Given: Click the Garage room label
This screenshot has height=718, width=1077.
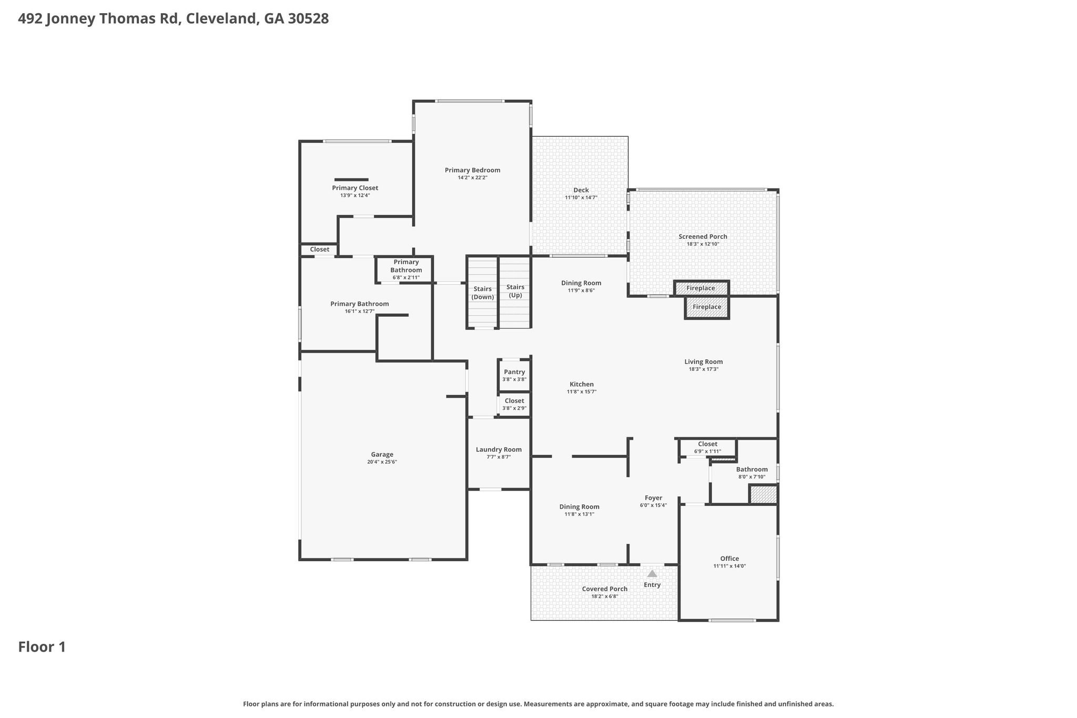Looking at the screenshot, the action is (382, 454).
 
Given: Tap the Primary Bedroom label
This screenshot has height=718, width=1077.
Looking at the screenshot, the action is (472, 170).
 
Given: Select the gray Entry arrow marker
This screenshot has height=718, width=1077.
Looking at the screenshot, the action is (652, 573).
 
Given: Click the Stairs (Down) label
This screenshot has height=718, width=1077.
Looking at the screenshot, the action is (483, 293).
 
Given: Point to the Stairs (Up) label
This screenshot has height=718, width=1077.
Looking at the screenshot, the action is (515, 291).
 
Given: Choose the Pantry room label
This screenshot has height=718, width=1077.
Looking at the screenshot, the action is (514, 372).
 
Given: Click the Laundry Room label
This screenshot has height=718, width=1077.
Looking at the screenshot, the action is (499, 449).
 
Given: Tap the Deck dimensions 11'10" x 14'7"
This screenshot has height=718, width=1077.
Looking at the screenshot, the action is (581, 198).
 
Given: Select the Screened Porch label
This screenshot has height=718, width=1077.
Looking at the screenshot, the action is (703, 237).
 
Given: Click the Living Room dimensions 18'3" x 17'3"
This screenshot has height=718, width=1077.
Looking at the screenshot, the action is (704, 369).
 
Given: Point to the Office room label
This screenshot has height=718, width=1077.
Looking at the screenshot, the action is (729, 559).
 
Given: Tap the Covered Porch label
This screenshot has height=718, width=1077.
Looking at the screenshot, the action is (604, 589).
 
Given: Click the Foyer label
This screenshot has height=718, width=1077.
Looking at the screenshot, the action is (653, 498).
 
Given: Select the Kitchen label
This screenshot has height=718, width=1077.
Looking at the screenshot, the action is (582, 384).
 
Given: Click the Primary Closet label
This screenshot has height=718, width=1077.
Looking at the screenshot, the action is (355, 188).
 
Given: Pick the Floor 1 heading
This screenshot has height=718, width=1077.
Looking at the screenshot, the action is (42, 647).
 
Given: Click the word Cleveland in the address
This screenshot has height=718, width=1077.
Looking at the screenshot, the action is (221, 19).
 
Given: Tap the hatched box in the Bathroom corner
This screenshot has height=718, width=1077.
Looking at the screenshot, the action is (763, 494).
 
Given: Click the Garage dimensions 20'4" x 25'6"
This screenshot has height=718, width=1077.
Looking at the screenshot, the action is (382, 462).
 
